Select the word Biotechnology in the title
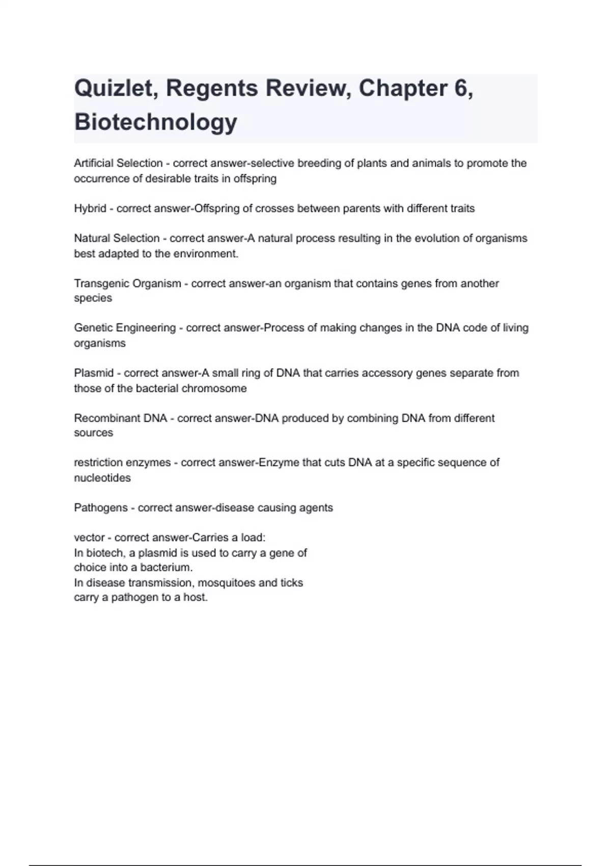coord(156,122)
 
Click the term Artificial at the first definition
coord(94,164)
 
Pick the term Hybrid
coord(90,208)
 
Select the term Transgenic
coord(100,284)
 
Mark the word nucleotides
coord(102,478)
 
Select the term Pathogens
coord(101,508)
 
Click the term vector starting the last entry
coord(89,538)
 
